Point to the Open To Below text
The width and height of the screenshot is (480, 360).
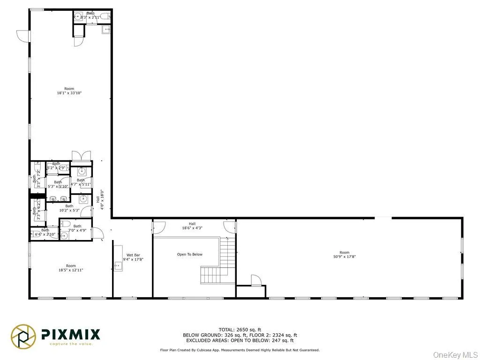tap(190, 255)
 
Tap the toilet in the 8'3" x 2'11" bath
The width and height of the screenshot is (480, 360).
tap(106, 16)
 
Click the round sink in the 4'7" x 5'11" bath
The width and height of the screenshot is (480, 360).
tap(81, 172)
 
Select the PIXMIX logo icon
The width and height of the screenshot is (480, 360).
tap(24, 336)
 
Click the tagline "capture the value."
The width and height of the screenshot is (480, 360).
tap(70, 344)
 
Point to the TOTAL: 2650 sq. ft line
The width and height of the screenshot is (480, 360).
tap(240, 330)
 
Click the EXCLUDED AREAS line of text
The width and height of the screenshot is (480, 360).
tap(240, 341)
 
